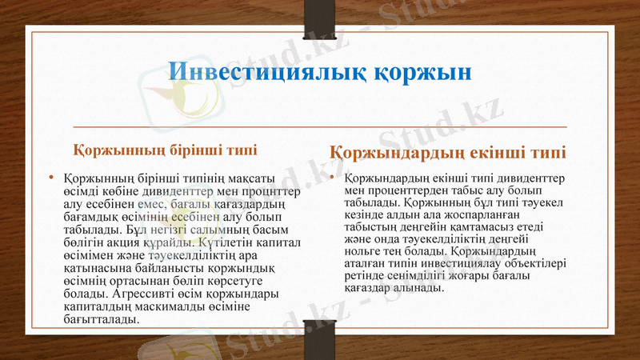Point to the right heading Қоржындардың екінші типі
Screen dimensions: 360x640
(x=447, y=152)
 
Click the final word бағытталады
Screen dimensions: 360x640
(x=102, y=319)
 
